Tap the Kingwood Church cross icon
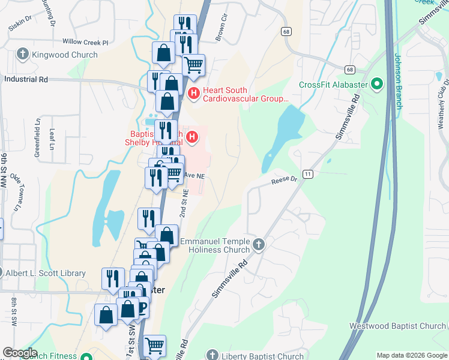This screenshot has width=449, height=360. [x=23, y=55]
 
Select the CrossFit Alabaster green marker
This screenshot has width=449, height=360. [x=377, y=84]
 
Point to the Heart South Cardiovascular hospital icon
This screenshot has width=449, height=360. [x=193, y=92]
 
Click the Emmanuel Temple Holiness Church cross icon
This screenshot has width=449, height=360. [x=259, y=244]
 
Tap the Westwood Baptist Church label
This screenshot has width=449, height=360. [x=398, y=326]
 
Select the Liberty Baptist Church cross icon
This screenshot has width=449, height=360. [x=210, y=355]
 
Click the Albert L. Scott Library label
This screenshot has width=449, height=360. [x=46, y=273]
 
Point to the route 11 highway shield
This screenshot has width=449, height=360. [x=308, y=174]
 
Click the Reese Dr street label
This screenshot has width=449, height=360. [x=284, y=179]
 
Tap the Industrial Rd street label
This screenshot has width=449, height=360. [x=26, y=79]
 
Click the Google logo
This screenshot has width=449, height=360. [x=19, y=353]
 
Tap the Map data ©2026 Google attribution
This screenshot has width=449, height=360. [x=411, y=355]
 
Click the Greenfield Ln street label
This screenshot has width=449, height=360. [x=37, y=145]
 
